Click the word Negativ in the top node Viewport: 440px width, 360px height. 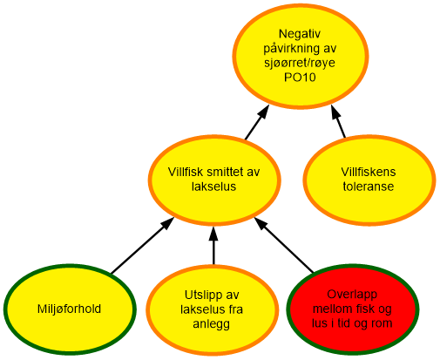(300, 34)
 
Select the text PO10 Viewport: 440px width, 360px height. (300, 78)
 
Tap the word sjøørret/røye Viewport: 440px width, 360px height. (300, 63)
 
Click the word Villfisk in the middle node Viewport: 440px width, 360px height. (186, 172)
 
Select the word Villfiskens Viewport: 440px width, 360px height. (369, 172)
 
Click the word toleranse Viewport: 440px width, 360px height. (369, 187)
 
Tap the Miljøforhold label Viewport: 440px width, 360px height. (69, 309)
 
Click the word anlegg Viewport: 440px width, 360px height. (212, 323)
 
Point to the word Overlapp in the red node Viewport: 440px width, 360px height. (352, 295)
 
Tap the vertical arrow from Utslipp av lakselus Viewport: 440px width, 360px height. (213, 246)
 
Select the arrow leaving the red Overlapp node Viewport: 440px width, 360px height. (284, 245)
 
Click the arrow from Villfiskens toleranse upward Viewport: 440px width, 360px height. (338, 121)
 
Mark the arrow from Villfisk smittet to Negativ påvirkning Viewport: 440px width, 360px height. (257, 122)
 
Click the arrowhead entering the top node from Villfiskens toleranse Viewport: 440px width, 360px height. (335, 112)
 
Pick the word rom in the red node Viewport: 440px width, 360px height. (383, 323)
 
